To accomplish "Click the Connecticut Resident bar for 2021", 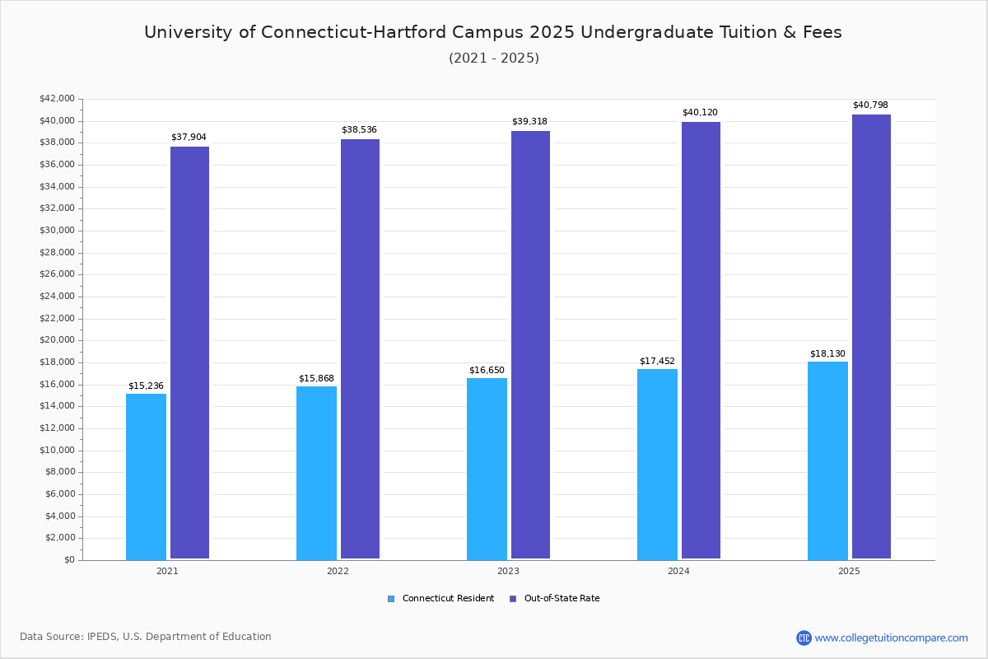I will pyautogui.click(x=146, y=477).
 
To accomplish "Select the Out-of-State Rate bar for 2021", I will pyautogui.click(x=189, y=353).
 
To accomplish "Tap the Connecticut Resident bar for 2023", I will pyautogui.click(x=487, y=469).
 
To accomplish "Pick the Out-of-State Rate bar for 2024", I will pyautogui.click(x=701, y=341).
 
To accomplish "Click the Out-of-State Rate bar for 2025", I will pyautogui.click(x=871, y=337).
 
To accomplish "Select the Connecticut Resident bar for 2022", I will pyautogui.click(x=316, y=473).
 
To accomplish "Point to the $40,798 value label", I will pyautogui.click(x=870, y=105).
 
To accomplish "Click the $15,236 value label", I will pyautogui.click(x=146, y=386).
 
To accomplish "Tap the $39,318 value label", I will pyautogui.click(x=529, y=121).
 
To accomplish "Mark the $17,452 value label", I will pyautogui.click(x=657, y=361).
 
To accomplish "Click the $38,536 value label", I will pyautogui.click(x=359, y=129).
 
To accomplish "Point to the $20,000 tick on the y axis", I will pyautogui.click(x=57, y=340).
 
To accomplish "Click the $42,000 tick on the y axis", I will pyautogui.click(x=57, y=99).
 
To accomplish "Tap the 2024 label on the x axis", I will pyautogui.click(x=678, y=571).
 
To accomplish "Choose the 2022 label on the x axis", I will pyautogui.click(x=338, y=571).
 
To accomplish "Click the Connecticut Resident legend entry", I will pyautogui.click(x=440, y=598).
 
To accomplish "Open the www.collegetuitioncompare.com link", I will pyautogui.click(x=891, y=638).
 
